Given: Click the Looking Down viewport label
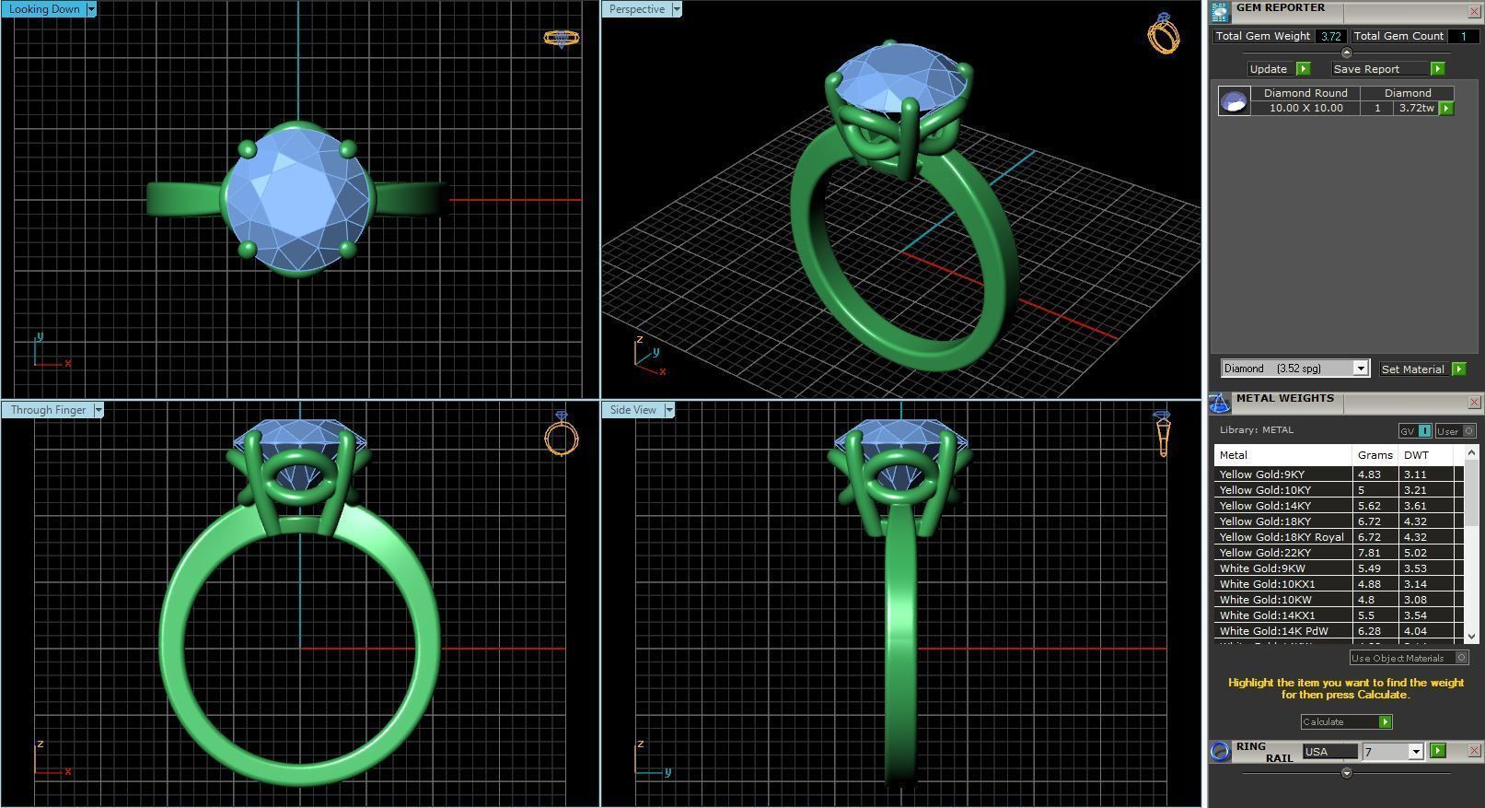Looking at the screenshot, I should (44, 9).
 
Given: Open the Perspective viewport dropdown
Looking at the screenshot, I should (677, 9).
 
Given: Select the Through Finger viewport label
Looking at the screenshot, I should (48, 410).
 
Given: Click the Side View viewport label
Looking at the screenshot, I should (633, 410).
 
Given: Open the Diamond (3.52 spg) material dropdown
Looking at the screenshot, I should (1360, 369).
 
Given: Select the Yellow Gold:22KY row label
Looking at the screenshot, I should (1265, 553).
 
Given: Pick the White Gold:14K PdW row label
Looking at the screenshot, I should (1273, 631).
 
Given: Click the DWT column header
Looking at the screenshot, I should (1416, 455).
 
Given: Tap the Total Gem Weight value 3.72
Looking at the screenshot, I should (1329, 36).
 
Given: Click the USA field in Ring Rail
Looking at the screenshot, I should (1329, 752).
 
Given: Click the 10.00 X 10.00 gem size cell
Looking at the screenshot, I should (1305, 108).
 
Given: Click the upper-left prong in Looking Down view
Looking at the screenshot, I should (247, 149).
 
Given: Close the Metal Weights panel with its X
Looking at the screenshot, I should (1473, 403).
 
